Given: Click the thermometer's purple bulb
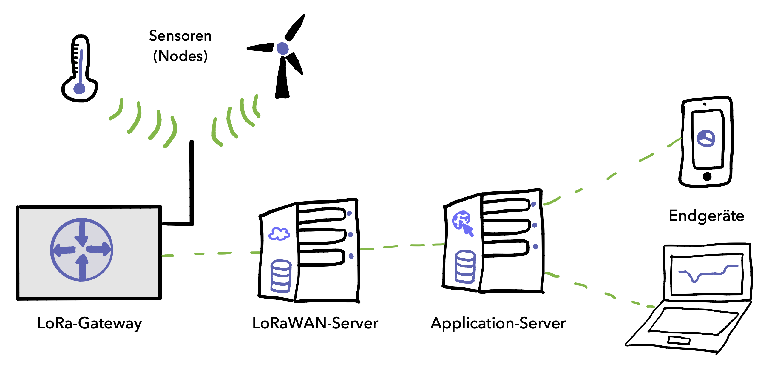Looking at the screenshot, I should coord(79,88).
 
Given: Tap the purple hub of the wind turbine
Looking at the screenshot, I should coord(282,48).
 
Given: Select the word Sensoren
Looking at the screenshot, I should coord(180,36).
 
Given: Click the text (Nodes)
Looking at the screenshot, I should coord(180,56).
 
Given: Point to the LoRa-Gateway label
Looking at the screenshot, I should coord(89,323).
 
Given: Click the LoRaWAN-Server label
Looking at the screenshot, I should coord(315,323).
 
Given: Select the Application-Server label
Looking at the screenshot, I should coord(498,323).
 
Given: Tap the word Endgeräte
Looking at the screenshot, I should coord(706,216).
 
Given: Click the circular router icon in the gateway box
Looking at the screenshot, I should coord(81,250).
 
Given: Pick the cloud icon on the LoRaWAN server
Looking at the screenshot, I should coord(279,234).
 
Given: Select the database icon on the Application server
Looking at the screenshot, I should coord(465,267).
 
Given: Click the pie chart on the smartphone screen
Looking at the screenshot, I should coord(705,138).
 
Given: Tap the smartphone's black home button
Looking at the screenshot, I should coord(707,176).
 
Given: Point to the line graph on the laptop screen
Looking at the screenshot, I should coord(708,272).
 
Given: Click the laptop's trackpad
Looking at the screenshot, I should coord(679,340).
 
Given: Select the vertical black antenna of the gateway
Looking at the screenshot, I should coord(192,182).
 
